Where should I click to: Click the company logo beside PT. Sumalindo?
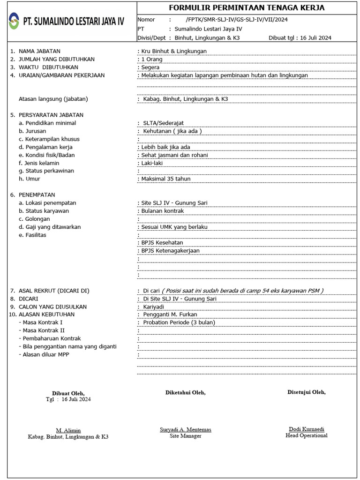(15, 21)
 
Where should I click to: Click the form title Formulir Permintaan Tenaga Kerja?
(247, 8)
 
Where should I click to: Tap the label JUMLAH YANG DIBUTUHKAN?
(56, 59)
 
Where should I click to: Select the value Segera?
(150, 67)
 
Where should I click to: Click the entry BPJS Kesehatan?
(162, 242)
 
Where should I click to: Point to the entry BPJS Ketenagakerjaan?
(170, 250)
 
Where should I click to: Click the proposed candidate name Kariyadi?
(154, 307)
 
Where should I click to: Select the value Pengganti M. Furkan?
(170, 315)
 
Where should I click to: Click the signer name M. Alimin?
(68, 430)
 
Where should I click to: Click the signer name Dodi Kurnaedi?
(307, 429)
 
